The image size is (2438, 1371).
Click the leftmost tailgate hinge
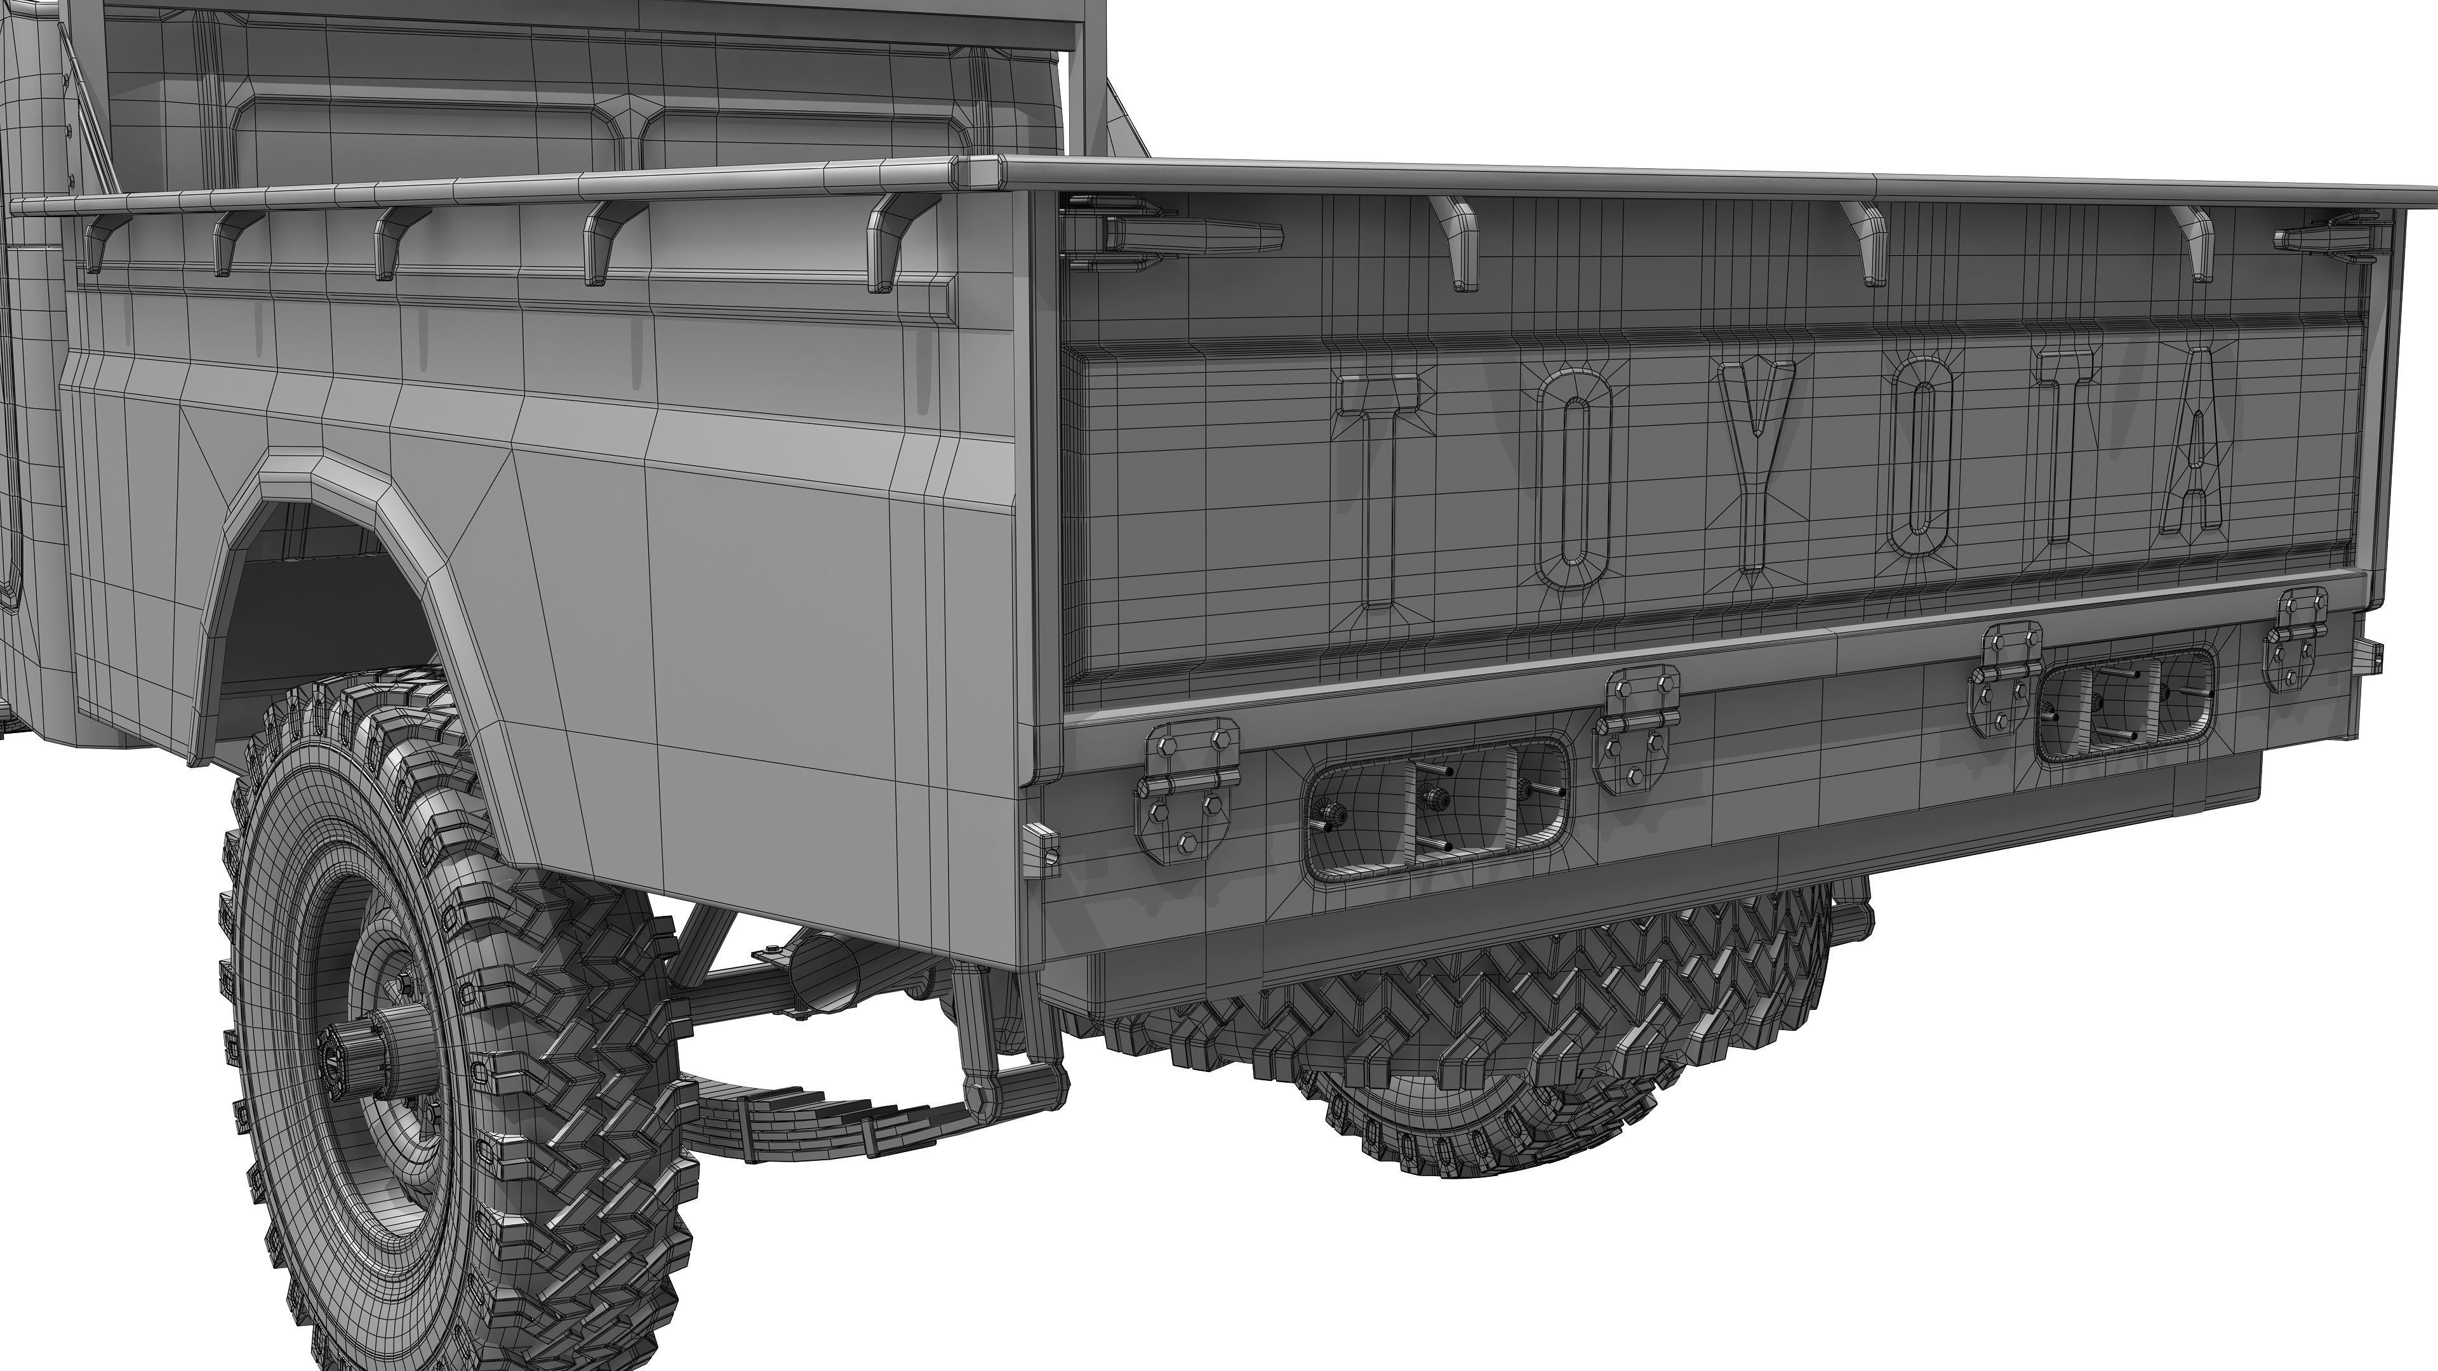point(1189,790)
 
